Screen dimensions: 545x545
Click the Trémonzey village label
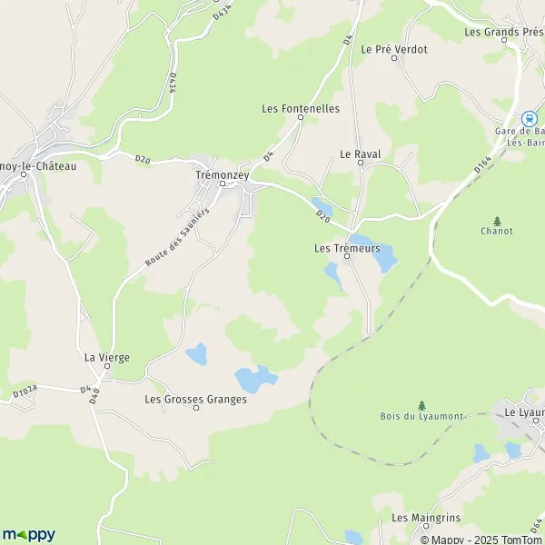(220, 173)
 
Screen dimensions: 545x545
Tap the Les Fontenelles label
(300, 108)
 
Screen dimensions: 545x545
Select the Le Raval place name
(360, 154)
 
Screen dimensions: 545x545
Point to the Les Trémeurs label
(346, 248)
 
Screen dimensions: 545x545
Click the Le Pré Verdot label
(394, 49)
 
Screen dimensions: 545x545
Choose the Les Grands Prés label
(503, 32)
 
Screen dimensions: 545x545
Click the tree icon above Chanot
(497, 220)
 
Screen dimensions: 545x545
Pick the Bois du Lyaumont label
(421, 416)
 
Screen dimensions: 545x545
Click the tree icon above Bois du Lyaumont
(421, 404)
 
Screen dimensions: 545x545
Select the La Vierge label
(107, 357)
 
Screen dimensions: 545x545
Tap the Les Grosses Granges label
(195, 399)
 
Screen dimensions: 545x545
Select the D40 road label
(88, 392)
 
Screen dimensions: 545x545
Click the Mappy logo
(28, 534)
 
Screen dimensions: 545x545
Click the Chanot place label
(497, 231)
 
